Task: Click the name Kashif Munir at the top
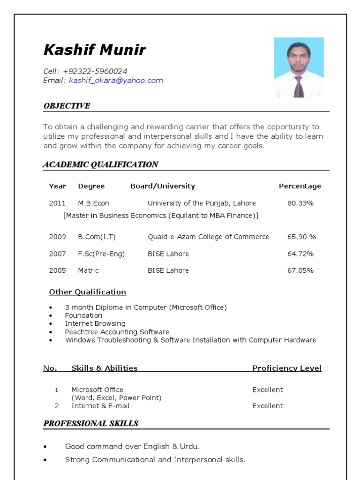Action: click(x=95, y=50)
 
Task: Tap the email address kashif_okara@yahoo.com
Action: click(x=116, y=81)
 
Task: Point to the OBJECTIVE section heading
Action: click(x=67, y=106)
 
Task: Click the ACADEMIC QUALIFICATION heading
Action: click(x=100, y=165)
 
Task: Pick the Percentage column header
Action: click(x=300, y=186)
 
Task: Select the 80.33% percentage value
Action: click(x=300, y=203)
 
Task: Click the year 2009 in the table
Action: click(x=57, y=237)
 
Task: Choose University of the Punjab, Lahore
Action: click(x=202, y=203)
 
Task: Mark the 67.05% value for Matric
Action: click(x=300, y=270)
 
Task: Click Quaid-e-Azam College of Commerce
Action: click(x=209, y=237)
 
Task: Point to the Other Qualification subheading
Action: click(x=88, y=292)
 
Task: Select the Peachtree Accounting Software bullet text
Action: click(x=117, y=332)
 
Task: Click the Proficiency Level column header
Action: click(x=287, y=368)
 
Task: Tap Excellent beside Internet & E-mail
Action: click(x=268, y=406)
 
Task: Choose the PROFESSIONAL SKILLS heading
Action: click(x=91, y=424)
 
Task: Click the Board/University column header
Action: click(x=163, y=186)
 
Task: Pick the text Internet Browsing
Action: click(x=95, y=323)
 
